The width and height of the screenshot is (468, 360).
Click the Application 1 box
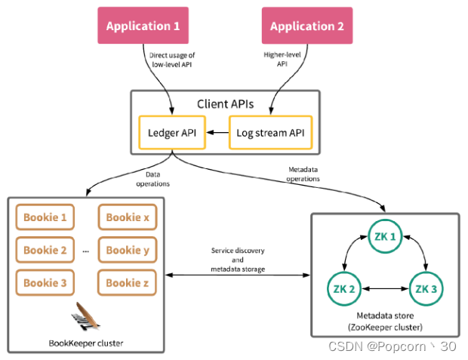[143, 26]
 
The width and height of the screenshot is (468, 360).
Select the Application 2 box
[307, 26]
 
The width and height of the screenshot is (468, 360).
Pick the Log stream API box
[270, 133]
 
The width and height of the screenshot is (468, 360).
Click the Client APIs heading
[226, 103]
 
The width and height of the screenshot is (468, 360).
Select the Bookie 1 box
[45, 217]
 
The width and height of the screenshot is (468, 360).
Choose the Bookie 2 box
[45, 250]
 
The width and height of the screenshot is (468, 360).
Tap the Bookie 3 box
[45, 283]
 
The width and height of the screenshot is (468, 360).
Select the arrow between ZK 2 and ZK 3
[386, 287]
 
